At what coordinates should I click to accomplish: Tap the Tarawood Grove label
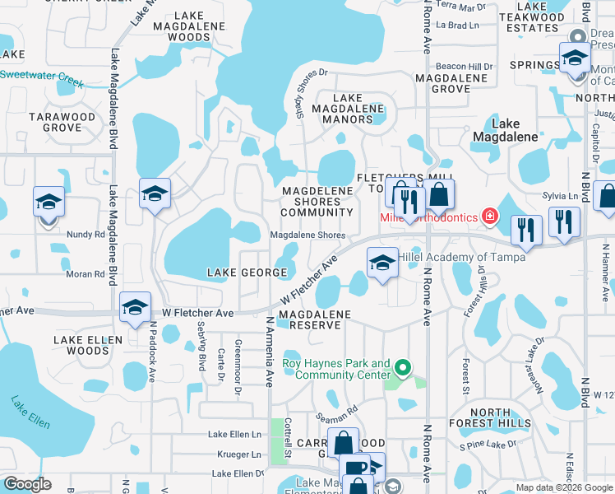pos(62,122)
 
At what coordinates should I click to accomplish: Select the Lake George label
pos(239,272)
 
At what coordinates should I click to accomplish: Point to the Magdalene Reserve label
pos(314,319)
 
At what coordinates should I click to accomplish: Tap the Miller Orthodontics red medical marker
pos(490,217)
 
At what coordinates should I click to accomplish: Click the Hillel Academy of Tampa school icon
pos(382,263)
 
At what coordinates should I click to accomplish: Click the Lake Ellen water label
pos(30,412)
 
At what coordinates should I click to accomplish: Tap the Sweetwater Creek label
pos(42,78)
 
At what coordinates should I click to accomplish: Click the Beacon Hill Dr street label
pos(464,66)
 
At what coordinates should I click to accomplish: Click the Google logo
pos(27,484)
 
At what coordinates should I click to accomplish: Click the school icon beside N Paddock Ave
pos(135,308)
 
